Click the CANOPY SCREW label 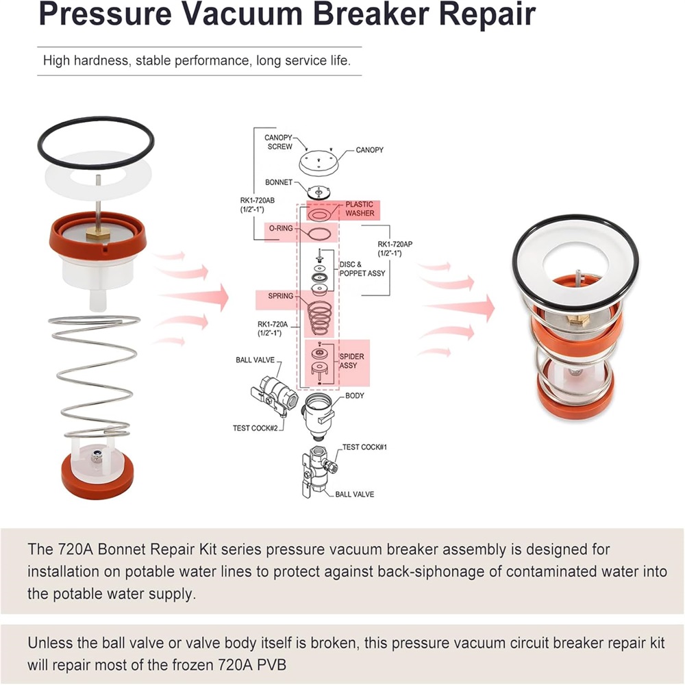pyautogui.click(x=279, y=142)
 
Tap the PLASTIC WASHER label pyautogui.click(x=359, y=208)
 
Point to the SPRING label pyautogui.click(x=281, y=296)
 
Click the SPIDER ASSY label pyautogui.click(x=352, y=361)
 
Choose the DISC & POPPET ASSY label pyautogui.click(x=362, y=269)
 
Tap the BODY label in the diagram pyautogui.click(x=355, y=396)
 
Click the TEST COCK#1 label pyautogui.click(x=365, y=447)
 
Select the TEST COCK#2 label pyautogui.click(x=256, y=429)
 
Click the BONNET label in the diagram pyautogui.click(x=279, y=183)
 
